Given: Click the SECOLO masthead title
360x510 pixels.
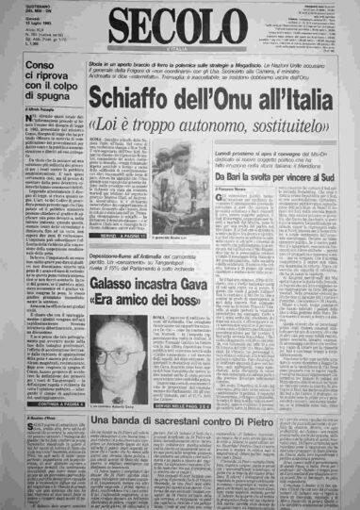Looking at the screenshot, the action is (178, 25).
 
